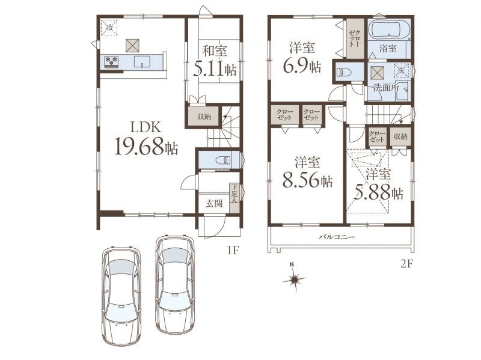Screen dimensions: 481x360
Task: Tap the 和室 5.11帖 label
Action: pyautogui.click(x=215, y=61)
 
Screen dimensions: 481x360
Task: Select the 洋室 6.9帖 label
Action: pyautogui.click(x=302, y=57)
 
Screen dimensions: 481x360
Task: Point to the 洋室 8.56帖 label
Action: pyautogui.click(x=307, y=172)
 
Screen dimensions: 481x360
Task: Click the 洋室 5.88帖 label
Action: pyautogui.click(x=379, y=184)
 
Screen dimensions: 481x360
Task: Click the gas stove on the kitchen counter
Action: pyautogui.click(x=111, y=61)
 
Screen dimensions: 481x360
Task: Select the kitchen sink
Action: pyautogui.click(x=142, y=61)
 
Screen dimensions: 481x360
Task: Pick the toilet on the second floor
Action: pyautogui.click(x=343, y=72)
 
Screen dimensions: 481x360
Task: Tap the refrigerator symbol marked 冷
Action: pyautogui.click(x=109, y=28)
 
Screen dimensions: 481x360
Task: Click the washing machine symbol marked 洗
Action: pyautogui.click(x=401, y=70)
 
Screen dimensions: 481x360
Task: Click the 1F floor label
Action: pyautogui.click(x=233, y=251)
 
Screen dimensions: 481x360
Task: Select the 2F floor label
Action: pyautogui.click(x=407, y=263)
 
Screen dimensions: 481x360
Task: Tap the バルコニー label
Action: pyautogui.click(x=337, y=237)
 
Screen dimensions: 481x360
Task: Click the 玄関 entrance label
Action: pyautogui.click(x=214, y=204)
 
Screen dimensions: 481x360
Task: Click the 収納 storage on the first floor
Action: pyautogui.click(x=204, y=117)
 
